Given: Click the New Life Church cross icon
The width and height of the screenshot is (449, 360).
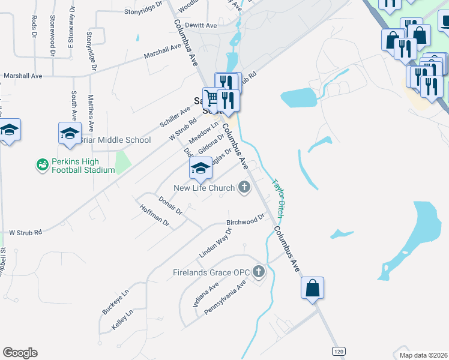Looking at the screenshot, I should pyautogui.click(x=244, y=188).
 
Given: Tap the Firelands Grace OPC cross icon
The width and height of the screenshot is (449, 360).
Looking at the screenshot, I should pyautogui.click(x=259, y=272).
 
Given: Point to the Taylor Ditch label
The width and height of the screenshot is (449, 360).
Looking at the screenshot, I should pyautogui.click(x=278, y=199).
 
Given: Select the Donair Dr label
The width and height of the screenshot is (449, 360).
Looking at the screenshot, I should pyautogui.click(x=170, y=205).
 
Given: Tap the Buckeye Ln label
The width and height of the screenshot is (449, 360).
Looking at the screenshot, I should pyautogui.click(x=115, y=302).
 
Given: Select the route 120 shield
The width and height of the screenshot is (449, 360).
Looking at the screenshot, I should pyautogui.click(x=339, y=350).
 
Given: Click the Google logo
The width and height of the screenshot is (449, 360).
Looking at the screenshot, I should pyautogui.click(x=20, y=353).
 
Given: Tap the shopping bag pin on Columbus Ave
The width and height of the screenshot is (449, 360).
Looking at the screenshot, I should pyautogui.click(x=313, y=288).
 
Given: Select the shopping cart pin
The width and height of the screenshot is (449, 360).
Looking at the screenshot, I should pyautogui.click(x=211, y=98).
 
